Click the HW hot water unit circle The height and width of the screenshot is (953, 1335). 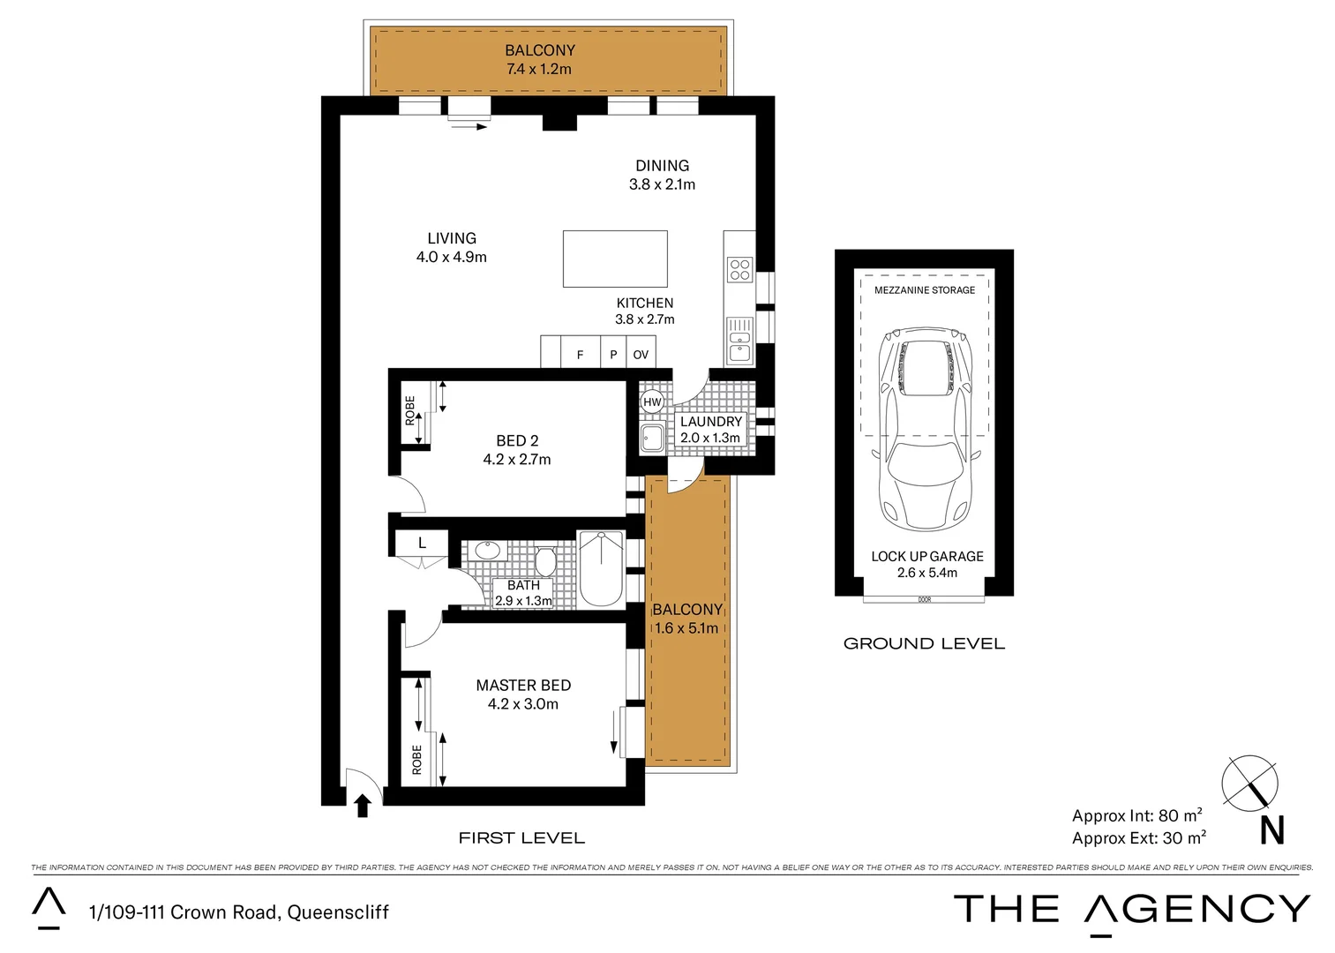[x=652, y=402]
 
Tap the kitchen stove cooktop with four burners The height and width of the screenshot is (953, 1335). [x=739, y=269]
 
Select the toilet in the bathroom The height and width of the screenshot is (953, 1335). [x=544, y=561]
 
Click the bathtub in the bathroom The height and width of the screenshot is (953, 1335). [x=601, y=568]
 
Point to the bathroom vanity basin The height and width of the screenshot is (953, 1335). [x=487, y=551]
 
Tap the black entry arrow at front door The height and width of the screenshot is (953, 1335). [x=362, y=805]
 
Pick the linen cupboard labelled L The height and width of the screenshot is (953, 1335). [x=422, y=543]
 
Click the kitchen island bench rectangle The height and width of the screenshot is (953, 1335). [x=615, y=259]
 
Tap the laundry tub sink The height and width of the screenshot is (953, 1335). [x=652, y=437]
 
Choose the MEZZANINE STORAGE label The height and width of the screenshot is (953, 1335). [x=925, y=290]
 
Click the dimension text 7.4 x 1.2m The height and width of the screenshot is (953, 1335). [x=539, y=69]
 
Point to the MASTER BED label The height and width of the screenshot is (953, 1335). [x=523, y=686]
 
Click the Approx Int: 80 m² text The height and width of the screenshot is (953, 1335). [x=1136, y=815]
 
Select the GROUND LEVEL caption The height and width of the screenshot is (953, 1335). [x=924, y=643]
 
